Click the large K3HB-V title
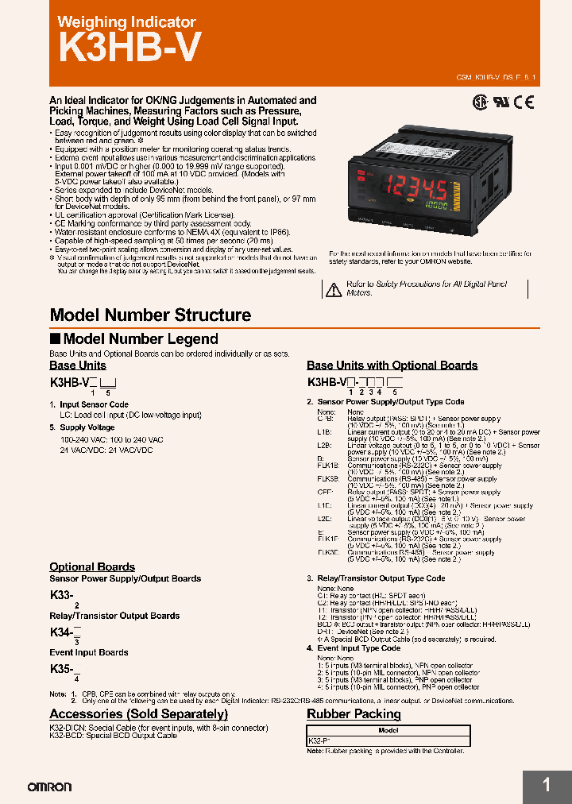pos(125,48)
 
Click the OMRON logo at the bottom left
pos(49,787)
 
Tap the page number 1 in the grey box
pos(547,786)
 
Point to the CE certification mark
pos(524,102)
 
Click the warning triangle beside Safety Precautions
pos(334,288)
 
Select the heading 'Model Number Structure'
pos(150,315)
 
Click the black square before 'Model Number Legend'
pos(55,339)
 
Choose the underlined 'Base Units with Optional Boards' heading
pos(392,365)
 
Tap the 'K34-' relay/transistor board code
pos(62,632)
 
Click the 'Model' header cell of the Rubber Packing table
pos(388,730)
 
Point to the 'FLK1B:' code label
pos(328,465)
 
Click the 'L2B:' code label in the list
pos(324,446)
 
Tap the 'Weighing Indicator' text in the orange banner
pos(126,22)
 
